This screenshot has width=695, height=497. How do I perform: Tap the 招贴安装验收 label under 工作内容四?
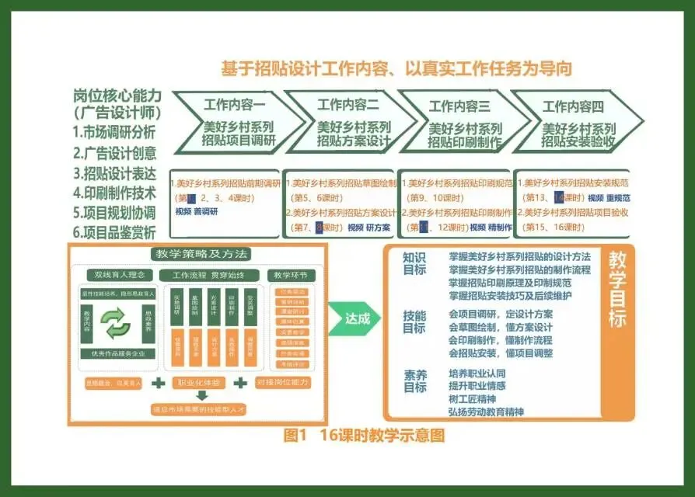click(578, 141)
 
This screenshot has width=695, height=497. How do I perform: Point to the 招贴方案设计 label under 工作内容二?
click(352, 141)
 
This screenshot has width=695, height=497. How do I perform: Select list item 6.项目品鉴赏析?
click(114, 232)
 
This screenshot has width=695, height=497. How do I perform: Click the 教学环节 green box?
click(291, 276)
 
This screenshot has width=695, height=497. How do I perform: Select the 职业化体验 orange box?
click(200, 383)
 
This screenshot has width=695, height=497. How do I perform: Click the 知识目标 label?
click(414, 264)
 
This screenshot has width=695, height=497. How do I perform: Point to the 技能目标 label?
click(414, 321)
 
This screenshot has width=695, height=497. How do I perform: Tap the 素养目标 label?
click(414, 381)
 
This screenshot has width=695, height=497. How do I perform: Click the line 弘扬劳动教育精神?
click(486, 412)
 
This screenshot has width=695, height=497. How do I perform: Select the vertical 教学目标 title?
click(616, 290)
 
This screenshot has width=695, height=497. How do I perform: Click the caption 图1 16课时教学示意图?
click(365, 436)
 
